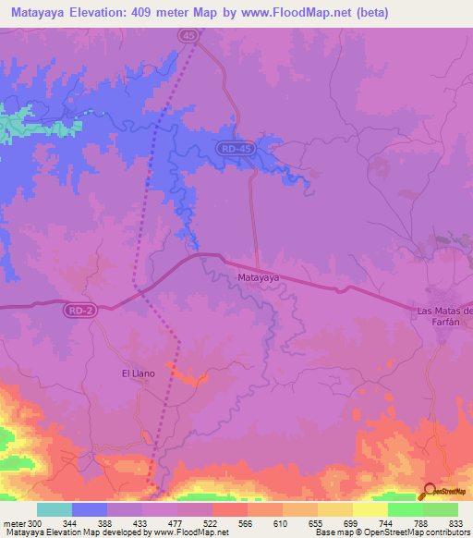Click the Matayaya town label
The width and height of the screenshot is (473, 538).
(x=259, y=276)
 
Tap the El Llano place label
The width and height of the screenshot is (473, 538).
(x=137, y=373)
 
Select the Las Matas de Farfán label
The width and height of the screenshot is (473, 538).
(x=444, y=315)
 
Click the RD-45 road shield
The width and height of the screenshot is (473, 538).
(x=236, y=148)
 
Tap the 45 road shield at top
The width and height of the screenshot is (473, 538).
(x=188, y=35)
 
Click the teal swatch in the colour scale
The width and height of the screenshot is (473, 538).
(x=55, y=509)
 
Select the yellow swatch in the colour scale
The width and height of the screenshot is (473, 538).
(x=370, y=509)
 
